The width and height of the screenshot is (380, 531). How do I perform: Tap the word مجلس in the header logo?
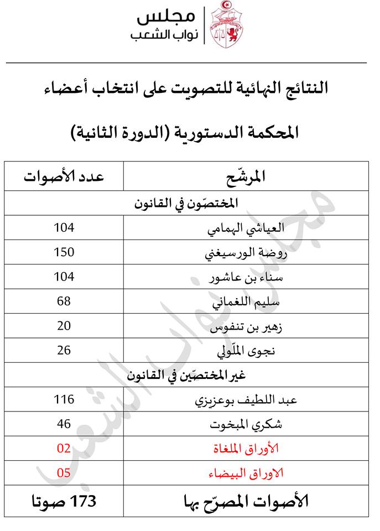165,17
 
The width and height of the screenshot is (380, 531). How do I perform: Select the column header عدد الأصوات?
64,176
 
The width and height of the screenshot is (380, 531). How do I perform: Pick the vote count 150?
64,252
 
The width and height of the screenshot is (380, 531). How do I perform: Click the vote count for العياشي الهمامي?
64,227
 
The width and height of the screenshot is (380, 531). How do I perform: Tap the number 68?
64,301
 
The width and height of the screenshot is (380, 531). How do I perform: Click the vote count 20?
64,325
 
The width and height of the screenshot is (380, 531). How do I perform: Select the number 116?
64,399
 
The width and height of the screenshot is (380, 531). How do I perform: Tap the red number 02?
64,448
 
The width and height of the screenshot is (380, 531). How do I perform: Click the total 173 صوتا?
64,501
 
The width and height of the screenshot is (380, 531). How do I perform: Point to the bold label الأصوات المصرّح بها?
246,501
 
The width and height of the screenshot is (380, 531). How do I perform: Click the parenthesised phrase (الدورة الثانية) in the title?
129,133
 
